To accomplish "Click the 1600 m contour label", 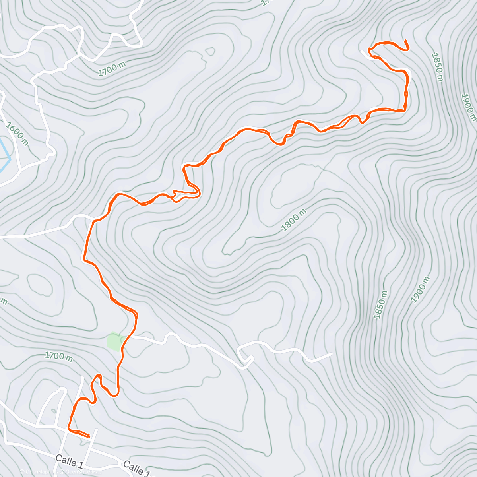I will coord(17,134).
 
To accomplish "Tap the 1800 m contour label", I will coord(294,220).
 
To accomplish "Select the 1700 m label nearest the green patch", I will coord(58,356).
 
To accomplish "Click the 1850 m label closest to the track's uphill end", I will coord(437,67).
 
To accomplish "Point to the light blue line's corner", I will coord(10,159).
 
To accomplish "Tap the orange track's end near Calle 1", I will coord(89,436).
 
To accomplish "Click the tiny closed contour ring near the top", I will coord(210,51).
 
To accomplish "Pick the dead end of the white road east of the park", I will coord(331,353).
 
